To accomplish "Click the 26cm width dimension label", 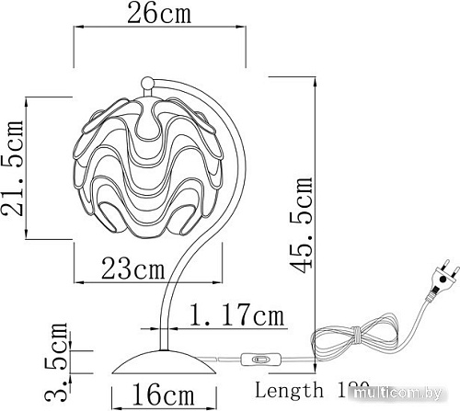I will point(160,14).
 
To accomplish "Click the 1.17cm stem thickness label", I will point(234,317).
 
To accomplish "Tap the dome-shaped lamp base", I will point(160,362).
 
